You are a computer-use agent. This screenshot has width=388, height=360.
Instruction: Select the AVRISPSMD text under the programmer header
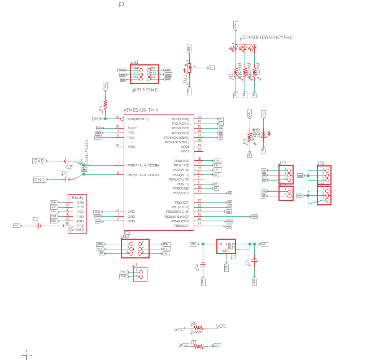145,90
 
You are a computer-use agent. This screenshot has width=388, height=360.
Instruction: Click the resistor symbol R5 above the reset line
105,105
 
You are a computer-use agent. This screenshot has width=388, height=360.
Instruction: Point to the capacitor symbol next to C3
38,225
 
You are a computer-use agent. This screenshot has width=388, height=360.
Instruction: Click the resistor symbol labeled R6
198,327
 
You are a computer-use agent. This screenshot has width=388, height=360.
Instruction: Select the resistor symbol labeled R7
198,345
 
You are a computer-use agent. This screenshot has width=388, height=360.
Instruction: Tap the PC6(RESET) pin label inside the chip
138,119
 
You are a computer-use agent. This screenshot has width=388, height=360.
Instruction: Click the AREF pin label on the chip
132,146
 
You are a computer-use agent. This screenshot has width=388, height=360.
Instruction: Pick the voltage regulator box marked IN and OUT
226,246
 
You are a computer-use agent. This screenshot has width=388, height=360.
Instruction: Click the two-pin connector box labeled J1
140,274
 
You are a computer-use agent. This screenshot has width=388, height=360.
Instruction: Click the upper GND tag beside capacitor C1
40,161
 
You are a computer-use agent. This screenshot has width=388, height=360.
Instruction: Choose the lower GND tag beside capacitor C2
40,179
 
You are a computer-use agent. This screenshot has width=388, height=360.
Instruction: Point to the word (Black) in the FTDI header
77,197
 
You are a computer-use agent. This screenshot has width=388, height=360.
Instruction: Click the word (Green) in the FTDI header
77,230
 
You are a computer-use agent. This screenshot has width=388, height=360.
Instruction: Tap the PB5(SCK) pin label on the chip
181,226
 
